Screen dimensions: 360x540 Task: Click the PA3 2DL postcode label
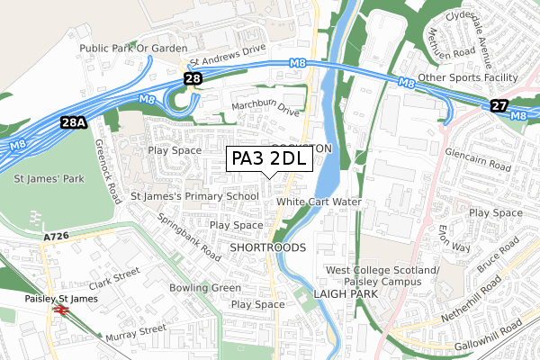tap(268, 158)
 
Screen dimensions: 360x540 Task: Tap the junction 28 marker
tap(193, 79)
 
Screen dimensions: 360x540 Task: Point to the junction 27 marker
tap(499, 105)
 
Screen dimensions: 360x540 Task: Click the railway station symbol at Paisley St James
tap(62, 309)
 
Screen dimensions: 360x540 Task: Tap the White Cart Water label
tap(319, 202)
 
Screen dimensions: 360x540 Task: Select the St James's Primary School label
tap(195, 195)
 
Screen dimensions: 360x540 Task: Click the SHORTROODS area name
tap(268, 246)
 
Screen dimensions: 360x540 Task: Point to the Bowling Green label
tap(205, 288)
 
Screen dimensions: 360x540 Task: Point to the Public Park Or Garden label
tap(133, 48)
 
